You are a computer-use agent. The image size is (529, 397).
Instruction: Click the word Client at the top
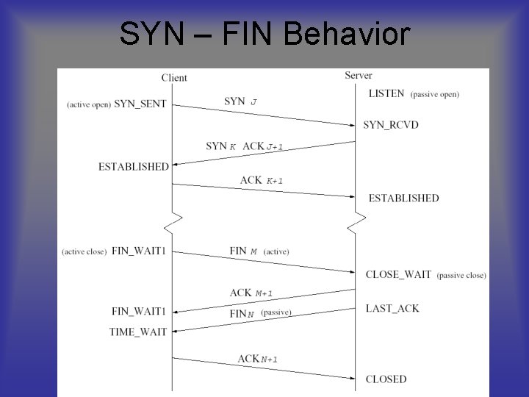point(174,78)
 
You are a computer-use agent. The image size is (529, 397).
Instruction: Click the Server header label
point(359,75)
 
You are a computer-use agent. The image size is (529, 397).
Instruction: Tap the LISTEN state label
point(386,94)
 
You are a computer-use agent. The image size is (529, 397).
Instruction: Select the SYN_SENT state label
point(140,104)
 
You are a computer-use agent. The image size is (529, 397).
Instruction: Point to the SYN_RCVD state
point(391,125)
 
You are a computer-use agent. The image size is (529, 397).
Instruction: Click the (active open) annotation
point(89,104)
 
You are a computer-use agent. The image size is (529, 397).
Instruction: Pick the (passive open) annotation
point(435,94)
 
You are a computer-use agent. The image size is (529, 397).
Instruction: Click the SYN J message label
point(240,101)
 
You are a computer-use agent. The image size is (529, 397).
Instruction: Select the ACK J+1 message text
point(263,146)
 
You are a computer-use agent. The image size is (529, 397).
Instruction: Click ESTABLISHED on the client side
point(134,167)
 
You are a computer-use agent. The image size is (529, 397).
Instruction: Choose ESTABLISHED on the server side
point(403,198)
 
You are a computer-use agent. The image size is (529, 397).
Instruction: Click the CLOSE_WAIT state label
point(398,274)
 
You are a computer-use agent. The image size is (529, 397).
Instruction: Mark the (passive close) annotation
point(461,275)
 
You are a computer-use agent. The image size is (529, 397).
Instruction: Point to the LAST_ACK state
point(392,308)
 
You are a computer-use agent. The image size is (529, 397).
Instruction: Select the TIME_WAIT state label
point(138,332)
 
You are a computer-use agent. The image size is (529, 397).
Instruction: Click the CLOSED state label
point(386,379)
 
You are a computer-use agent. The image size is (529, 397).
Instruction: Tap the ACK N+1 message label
point(257,359)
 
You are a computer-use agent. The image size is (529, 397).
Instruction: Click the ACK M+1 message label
point(251,293)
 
